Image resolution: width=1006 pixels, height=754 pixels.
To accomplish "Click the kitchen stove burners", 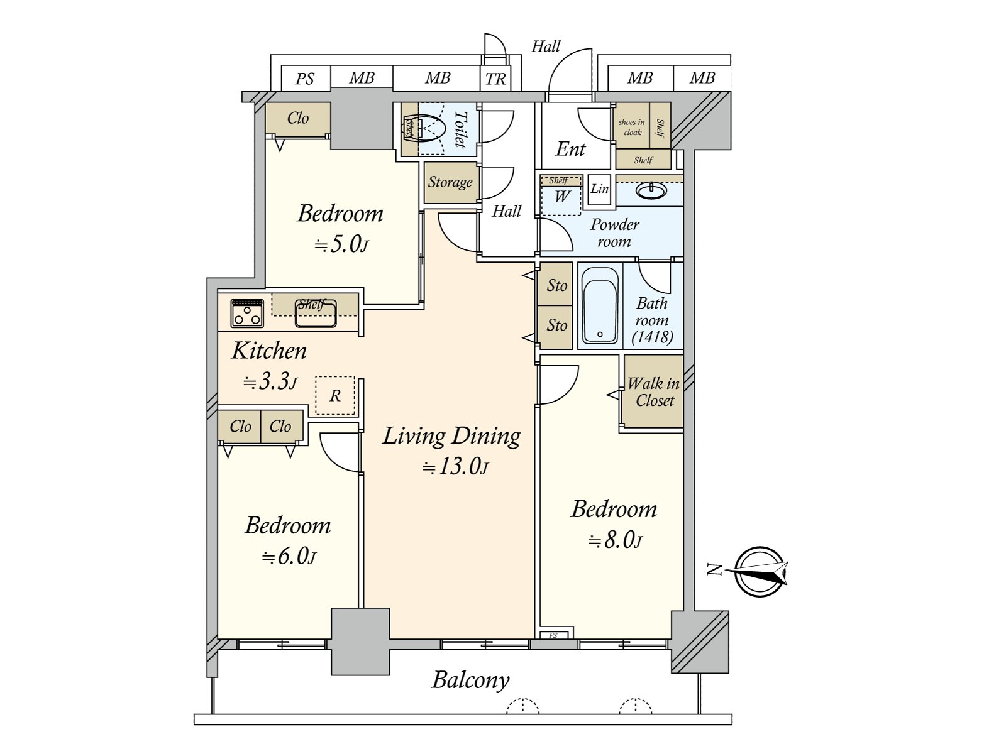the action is [247, 314].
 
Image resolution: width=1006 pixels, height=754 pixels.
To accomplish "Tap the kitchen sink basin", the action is [316, 314].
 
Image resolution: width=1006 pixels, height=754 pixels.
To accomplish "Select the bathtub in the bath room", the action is [600, 305].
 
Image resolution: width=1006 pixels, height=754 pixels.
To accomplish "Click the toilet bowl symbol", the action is [424, 129].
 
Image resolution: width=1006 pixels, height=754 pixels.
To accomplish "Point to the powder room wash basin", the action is [652, 191].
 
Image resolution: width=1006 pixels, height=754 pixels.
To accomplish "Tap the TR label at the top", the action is [495, 79].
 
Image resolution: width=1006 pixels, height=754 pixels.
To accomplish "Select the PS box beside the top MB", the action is [305, 79].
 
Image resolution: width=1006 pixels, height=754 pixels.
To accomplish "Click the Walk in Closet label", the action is [653, 392].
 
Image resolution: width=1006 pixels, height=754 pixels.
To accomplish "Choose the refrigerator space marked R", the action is [335, 396].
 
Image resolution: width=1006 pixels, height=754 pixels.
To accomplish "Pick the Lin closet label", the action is [599, 188].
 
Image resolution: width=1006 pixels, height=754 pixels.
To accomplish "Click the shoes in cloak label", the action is [632, 128].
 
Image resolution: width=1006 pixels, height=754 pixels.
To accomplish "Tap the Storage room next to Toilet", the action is [451, 183].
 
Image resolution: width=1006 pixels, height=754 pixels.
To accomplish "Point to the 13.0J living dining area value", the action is [456, 467].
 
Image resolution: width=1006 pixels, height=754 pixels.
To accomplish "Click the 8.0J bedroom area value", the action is [615, 540].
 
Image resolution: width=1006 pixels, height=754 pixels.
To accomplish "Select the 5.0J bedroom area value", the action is [341, 244].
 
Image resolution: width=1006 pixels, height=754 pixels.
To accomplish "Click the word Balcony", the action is [471, 680].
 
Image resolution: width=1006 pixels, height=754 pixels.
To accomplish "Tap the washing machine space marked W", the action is [561, 196].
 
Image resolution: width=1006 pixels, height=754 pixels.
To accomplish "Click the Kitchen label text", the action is [269, 351].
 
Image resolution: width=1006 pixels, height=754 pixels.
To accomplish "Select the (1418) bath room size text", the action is [652, 337].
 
